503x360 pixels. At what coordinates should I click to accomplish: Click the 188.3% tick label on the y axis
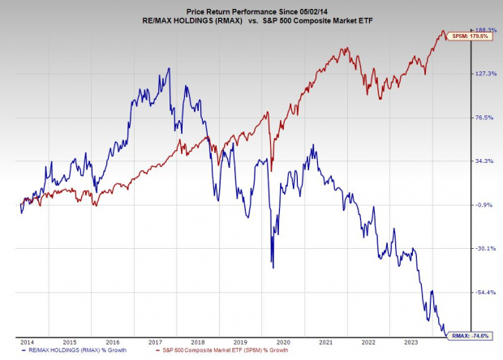[x=484, y=30]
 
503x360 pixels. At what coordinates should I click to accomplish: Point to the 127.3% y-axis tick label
[x=484, y=74]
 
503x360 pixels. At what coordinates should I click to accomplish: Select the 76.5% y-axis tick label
[x=484, y=118]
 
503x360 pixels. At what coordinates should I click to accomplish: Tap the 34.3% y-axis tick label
[x=484, y=161]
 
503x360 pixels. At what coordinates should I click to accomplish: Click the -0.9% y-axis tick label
[x=484, y=205]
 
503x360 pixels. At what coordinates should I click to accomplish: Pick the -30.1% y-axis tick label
[x=484, y=249]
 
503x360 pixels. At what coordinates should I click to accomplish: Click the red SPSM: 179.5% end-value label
[x=470, y=36]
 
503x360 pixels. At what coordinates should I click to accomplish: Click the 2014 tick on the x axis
[x=26, y=342]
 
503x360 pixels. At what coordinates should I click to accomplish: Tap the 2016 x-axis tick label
[x=113, y=342]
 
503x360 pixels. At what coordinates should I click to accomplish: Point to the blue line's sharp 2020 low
[x=273, y=268]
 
